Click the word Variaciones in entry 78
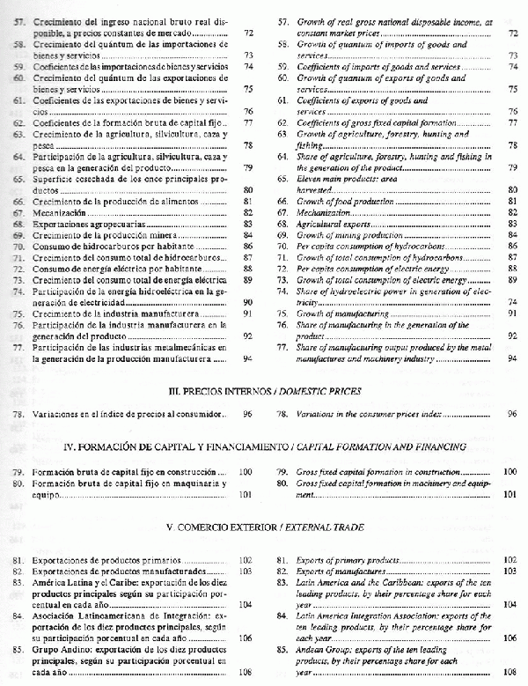click(x=57, y=413)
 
